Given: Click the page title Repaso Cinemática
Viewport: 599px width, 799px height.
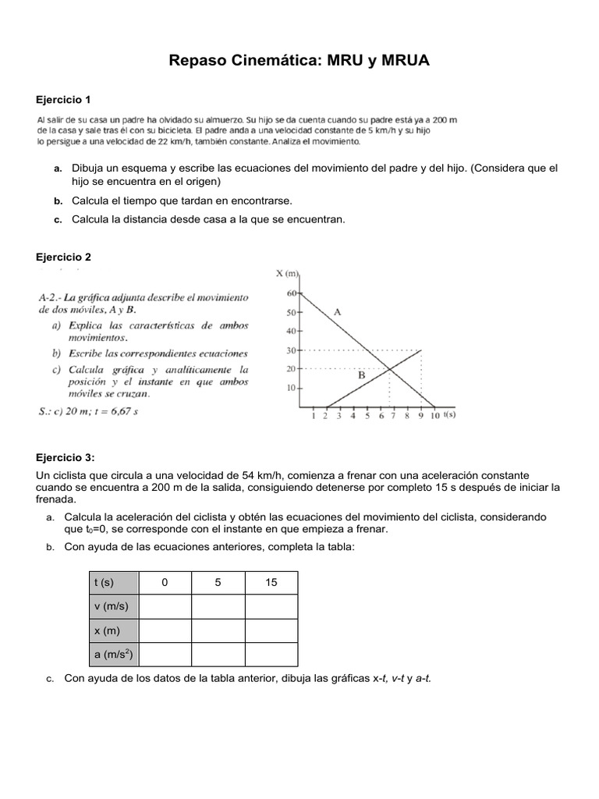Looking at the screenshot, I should point(299,60).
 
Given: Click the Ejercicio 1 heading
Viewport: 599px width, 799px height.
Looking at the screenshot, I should point(64,99).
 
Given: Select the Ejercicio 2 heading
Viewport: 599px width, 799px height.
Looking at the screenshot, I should point(64,257).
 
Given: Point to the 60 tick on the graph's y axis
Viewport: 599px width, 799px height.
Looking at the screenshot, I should point(292,293).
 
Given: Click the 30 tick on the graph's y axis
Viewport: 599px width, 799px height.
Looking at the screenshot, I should point(292,350).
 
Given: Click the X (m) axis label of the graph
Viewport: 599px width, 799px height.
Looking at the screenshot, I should point(288,273).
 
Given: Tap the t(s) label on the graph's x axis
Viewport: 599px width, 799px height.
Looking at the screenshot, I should point(449,415).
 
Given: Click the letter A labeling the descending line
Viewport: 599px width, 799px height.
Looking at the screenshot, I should point(338,311).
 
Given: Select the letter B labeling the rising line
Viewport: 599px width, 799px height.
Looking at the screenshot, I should point(361,375).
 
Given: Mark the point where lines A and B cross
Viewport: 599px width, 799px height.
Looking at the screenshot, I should point(390,369).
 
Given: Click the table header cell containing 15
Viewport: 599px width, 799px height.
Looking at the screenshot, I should point(271,582).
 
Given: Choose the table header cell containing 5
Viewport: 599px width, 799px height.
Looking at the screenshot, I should point(218,582).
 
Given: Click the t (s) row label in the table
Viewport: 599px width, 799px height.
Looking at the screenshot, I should point(104,582).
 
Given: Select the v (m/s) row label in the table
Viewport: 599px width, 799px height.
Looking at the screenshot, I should point(111,606).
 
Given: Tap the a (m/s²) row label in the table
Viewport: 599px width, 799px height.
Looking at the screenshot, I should point(112,655).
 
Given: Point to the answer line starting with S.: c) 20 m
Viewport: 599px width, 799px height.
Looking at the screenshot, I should point(87,411).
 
